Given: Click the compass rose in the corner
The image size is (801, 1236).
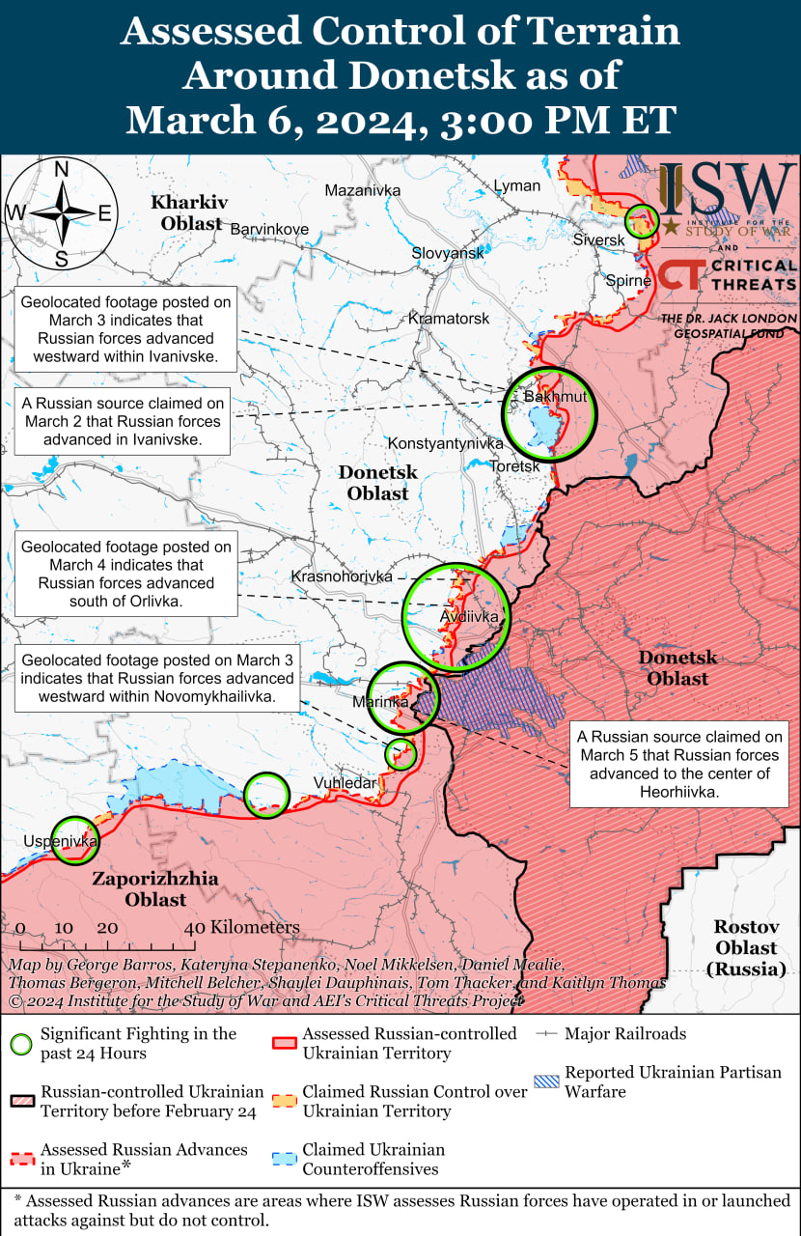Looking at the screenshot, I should click(62, 213).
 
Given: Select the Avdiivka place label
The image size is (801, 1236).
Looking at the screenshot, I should click(469, 616).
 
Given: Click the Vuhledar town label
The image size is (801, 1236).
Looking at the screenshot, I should click(345, 783).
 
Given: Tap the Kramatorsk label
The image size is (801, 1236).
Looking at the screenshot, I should click(449, 318).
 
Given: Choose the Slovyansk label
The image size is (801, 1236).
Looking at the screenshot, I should click(448, 252).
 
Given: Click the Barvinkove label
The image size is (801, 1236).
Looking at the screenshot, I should click(269, 229).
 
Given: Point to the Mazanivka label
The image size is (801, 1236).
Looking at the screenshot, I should click(362, 190).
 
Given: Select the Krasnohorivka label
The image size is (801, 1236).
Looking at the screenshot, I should click(342, 576).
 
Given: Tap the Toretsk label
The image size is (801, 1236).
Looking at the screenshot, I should click(515, 465).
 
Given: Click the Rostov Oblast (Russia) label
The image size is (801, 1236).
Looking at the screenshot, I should click(746, 947).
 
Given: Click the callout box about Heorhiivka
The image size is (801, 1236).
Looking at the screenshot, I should click(678, 764).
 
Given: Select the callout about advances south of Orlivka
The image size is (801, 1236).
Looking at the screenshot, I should click(126, 574).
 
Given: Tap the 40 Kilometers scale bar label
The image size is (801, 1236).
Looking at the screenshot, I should click(243, 927).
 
